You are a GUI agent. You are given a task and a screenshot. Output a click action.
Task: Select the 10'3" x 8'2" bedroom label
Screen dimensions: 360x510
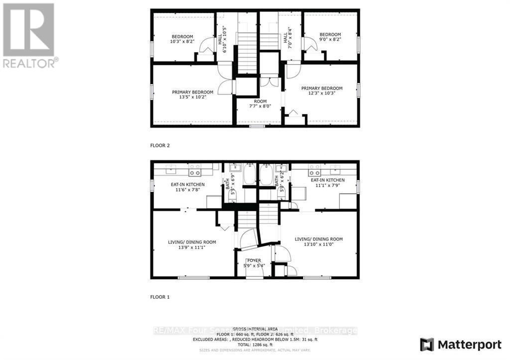pyautogui.click(x=182, y=39)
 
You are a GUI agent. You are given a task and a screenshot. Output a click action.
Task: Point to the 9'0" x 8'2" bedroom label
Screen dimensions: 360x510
pyautogui.click(x=330, y=37)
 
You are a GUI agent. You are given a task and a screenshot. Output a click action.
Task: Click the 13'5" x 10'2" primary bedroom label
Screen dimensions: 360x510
pyautogui.click(x=193, y=95)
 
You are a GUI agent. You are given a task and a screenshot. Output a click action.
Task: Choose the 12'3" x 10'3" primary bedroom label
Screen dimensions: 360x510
pyautogui.click(x=321, y=91)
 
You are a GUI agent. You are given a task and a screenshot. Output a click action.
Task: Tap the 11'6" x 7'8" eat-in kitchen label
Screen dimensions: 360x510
pyautogui.click(x=185, y=186)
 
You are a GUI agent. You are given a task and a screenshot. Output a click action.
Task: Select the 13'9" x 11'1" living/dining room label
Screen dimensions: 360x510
pyautogui.click(x=192, y=244)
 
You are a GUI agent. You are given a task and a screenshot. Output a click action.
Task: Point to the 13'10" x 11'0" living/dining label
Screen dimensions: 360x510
pyautogui.click(x=319, y=242)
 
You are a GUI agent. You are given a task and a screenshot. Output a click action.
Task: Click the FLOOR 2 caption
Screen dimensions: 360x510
pyautogui.click(x=160, y=146)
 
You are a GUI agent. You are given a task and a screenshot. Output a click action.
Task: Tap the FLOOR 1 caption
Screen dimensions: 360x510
pyautogui.click(x=160, y=297)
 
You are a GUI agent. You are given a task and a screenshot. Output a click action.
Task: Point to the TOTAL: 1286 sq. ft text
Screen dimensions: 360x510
pyautogui.click(x=255, y=344)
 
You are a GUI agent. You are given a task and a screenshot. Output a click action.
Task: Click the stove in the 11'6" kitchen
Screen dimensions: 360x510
pyautogui.click(x=195, y=173)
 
